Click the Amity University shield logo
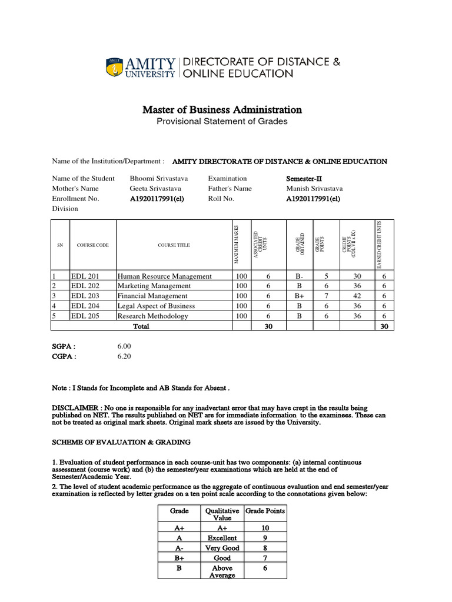coord(115,68)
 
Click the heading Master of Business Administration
coord(222,110)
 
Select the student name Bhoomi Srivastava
coord(159,179)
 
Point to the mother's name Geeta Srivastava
coord(155,189)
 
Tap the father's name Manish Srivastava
coord(314,189)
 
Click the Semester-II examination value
coord(304,179)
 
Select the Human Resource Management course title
coord(164,276)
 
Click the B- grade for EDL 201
coord(300,276)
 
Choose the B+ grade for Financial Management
coord(300,296)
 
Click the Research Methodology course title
coord(153,316)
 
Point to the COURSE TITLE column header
coord(174,245)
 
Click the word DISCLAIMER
coord(74,407)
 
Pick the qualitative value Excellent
coord(222,538)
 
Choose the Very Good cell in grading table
coord(222,548)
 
